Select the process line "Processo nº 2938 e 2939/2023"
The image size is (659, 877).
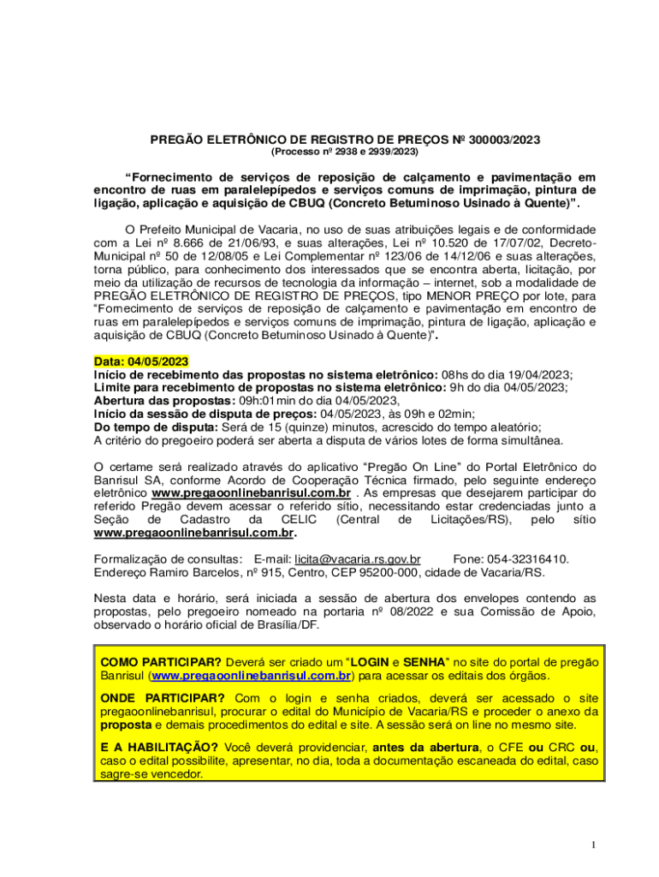[x=344, y=152]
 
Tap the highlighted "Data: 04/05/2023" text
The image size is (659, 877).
[x=141, y=362]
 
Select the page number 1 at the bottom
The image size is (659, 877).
[x=592, y=846]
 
